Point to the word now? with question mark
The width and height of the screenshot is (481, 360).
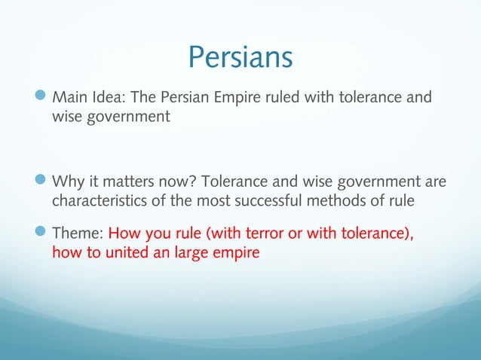[x=167, y=182]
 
